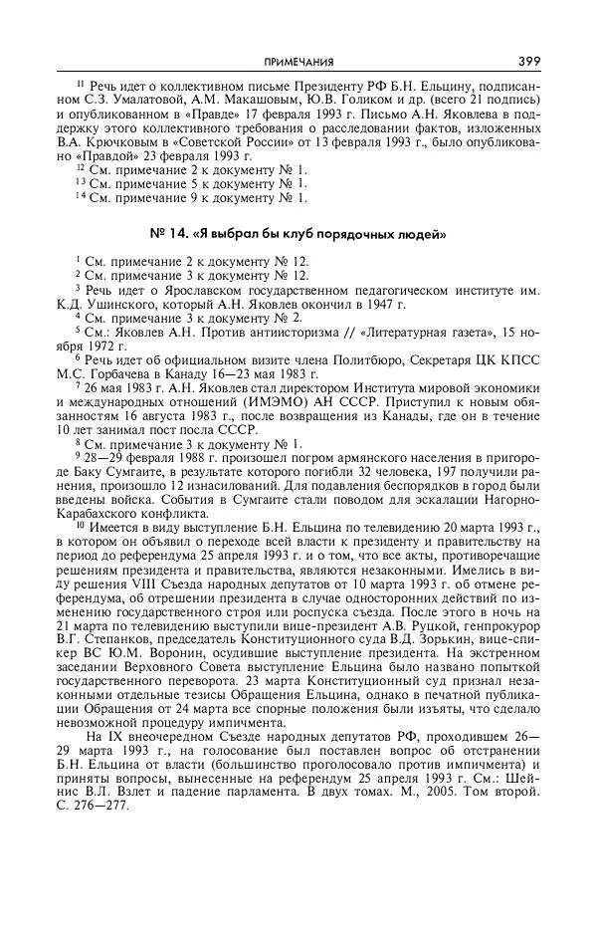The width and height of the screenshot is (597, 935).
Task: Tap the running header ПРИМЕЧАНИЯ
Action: pos(298,62)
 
